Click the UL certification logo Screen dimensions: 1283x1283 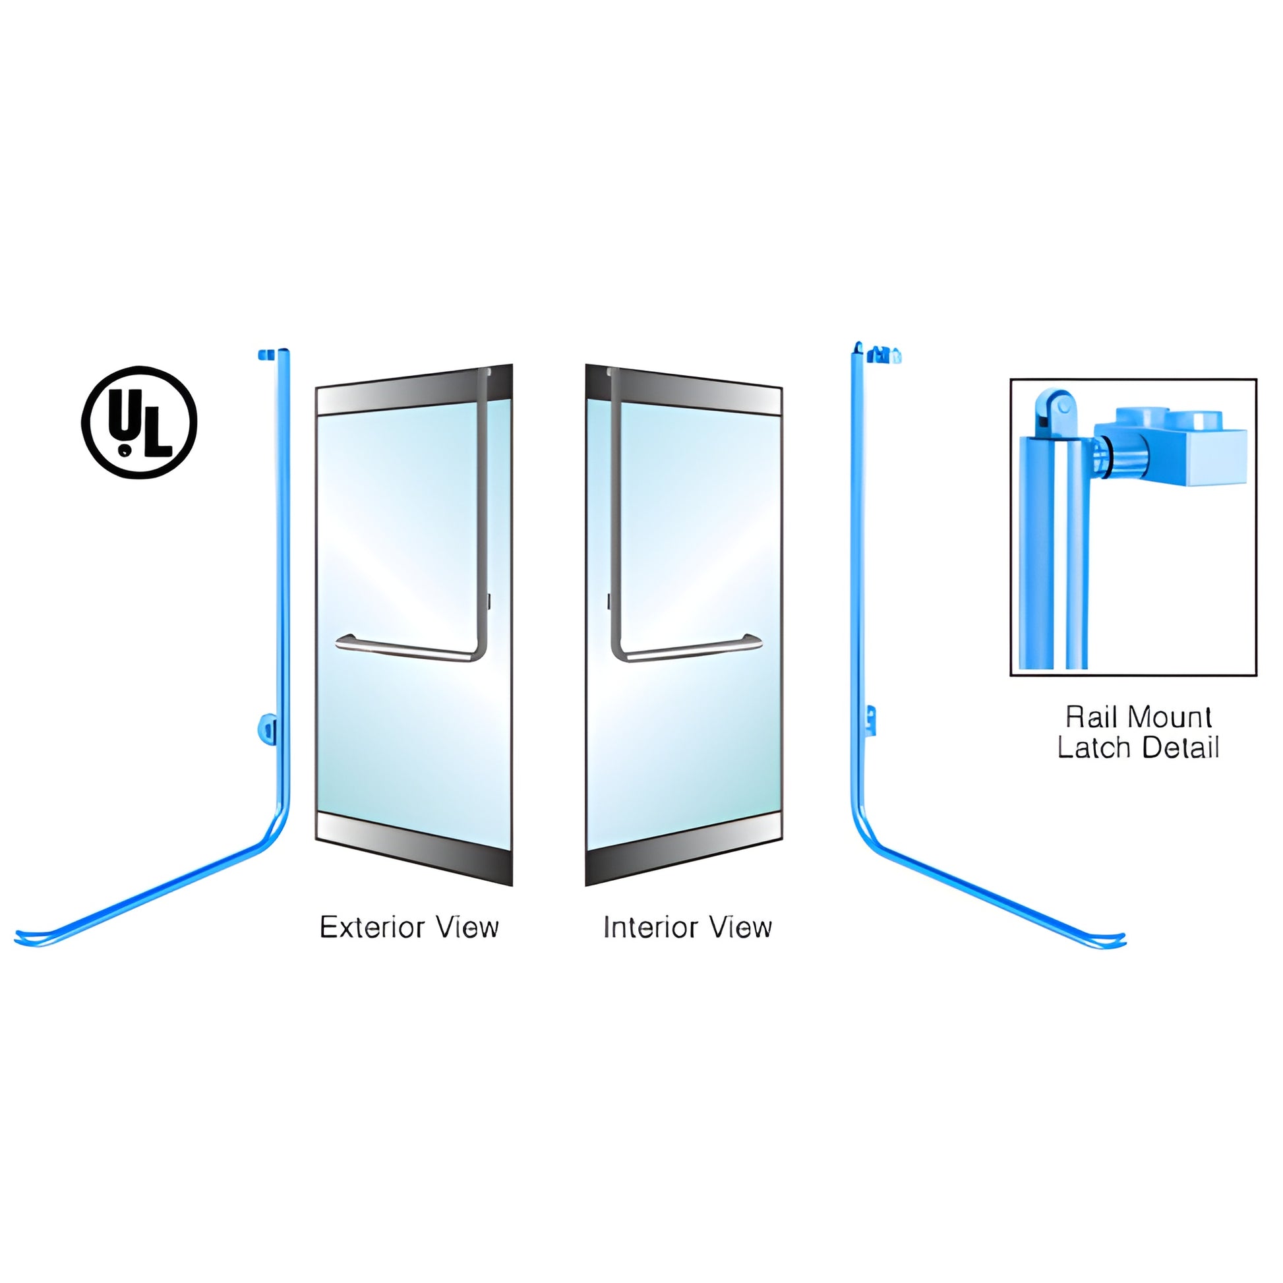point(139,422)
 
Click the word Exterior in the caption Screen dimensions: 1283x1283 point(363,927)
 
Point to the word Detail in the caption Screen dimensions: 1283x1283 point(1180,748)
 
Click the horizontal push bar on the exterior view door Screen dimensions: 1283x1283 point(405,647)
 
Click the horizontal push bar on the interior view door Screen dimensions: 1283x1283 point(691,647)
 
